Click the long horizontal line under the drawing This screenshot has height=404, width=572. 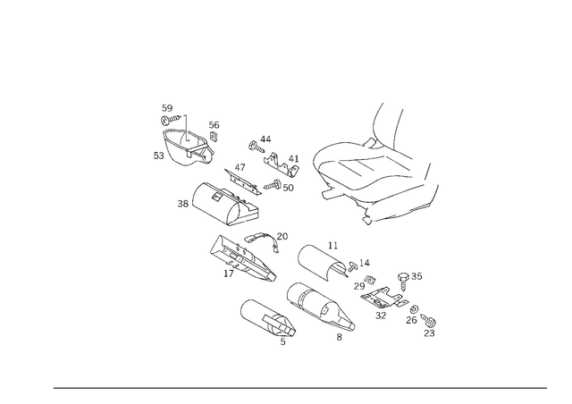pyautogui.click(x=299, y=388)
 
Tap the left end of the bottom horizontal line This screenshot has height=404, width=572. pyautogui.click(x=54, y=388)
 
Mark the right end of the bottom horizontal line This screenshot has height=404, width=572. pyautogui.click(x=547, y=388)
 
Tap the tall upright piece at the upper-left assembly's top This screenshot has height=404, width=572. pyautogui.click(x=167, y=116)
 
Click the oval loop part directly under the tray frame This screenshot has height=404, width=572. pyautogui.click(x=326, y=261)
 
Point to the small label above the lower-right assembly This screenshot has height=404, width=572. pyautogui.click(x=411, y=274)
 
